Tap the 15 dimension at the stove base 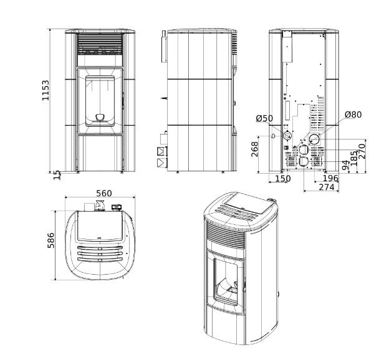pyautogui.click(x=58, y=175)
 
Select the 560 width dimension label pyautogui.click(x=100, y=193)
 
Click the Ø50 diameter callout pyautogui.click(x=264, y=118)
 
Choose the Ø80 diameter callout pyautogui.click(x=353, y=115)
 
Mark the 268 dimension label pyautogui.click(x=255, y=149)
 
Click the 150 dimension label pyautogui.click(x=282, y=179)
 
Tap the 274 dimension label pyautogui.click(x=327, y=187)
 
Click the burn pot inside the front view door pyautogui.click(x=100, y=116)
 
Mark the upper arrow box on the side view pyautogui.click(x=161, y=151)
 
